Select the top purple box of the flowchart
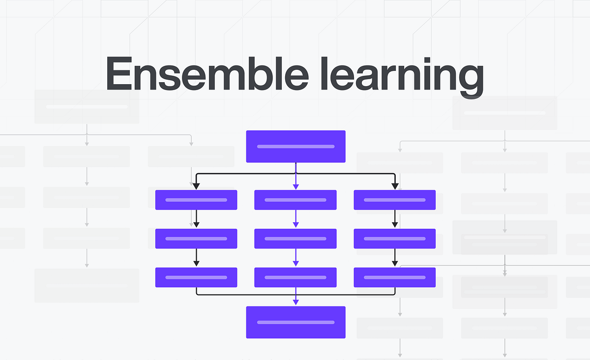295,146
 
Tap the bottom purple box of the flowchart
295,322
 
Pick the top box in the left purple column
196,200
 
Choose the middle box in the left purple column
196,239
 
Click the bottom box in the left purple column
196,277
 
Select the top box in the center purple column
295,200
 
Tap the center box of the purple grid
295,239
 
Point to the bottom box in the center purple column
295,277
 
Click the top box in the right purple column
395,200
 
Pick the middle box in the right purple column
395,239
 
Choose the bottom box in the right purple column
395,277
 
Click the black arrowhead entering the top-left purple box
196,186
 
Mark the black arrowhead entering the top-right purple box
395,186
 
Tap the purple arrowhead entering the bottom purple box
295,302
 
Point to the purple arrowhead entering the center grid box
295,225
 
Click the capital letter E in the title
119,74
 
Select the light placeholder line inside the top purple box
295,146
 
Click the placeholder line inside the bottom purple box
295,322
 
